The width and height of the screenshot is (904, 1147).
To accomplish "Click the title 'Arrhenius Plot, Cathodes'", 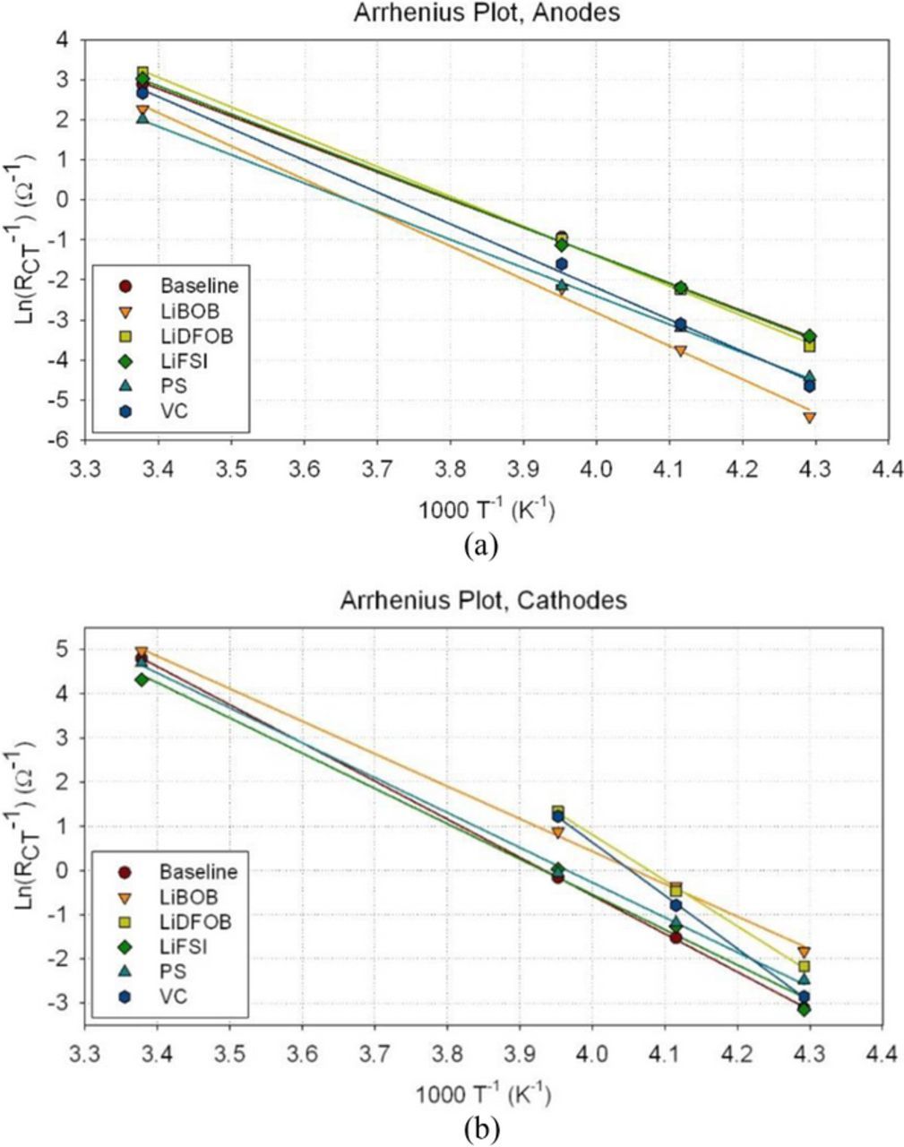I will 483,600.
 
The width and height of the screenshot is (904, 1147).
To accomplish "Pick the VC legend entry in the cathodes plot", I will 174,996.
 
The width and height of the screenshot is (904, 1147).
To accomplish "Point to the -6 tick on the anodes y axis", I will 71,440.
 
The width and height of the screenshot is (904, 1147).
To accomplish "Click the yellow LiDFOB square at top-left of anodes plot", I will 142,72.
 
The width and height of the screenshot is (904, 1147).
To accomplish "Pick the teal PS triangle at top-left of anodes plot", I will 142,117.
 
